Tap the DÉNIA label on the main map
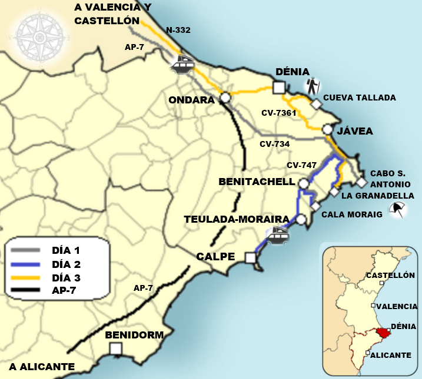[x=293, y=72]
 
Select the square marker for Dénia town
[x=279, y=88]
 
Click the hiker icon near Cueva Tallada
[x=312, y=87]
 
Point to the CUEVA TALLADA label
[x=360, y=98]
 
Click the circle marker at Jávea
[x=327, y=129]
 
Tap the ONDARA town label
[x=191, y=100]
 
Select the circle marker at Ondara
[x=224, y=98]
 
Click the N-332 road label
[x=178, y=29]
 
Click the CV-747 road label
[x=301, y=165]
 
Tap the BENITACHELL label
[x=256, y=182]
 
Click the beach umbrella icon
[x=398, y=209]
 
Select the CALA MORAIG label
[x=352, y=214]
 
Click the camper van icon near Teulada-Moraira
[x=277, y=236]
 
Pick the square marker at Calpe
[x=251, y=258]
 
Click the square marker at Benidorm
[x=116, y=349]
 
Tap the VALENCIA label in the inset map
[x=397, y=306]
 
